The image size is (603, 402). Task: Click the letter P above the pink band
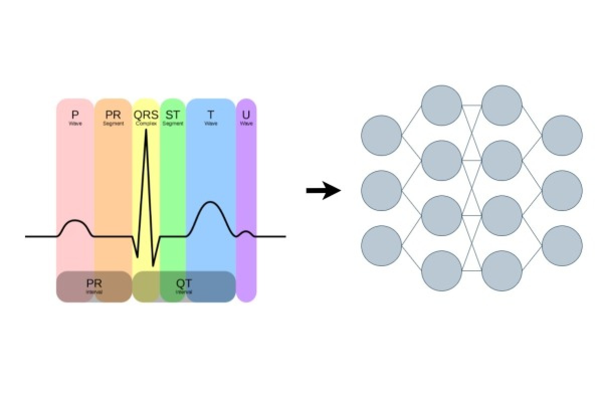tap(75, 115)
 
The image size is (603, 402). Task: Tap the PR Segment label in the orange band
tap(113, 116)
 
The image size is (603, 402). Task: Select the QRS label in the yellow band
tap(146, 115)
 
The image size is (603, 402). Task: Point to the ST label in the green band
tap(172, 115)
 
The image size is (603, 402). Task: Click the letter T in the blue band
tap(211, 115)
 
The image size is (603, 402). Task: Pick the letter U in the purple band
tap(246, 115)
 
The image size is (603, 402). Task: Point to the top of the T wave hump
tap(211, 203)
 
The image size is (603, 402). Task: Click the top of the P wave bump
tap(75, 221)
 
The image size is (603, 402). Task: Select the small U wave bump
tap(246, 232)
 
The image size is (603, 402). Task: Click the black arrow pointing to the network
tap(324, 191)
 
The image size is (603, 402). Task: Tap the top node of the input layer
tap(381, 135)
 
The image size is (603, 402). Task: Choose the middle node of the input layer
tap(381, 190)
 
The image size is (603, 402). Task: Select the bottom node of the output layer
tap(562, 246)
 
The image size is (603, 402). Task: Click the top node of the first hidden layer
tap(442, 106)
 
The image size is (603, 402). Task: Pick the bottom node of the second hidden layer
tap(502, 271)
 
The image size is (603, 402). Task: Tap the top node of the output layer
tap(562, 135)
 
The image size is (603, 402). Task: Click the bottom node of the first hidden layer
tap(442, 271)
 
